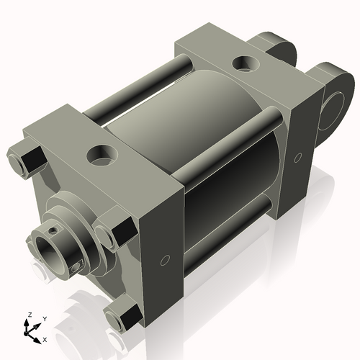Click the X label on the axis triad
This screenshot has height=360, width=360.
coord(45,338)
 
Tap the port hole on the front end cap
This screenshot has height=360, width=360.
coord(97,153)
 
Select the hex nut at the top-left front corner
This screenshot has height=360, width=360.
coord(22,158)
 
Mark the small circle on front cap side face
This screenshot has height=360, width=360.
coord(165,258)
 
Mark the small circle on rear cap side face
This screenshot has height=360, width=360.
coord(297,157)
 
